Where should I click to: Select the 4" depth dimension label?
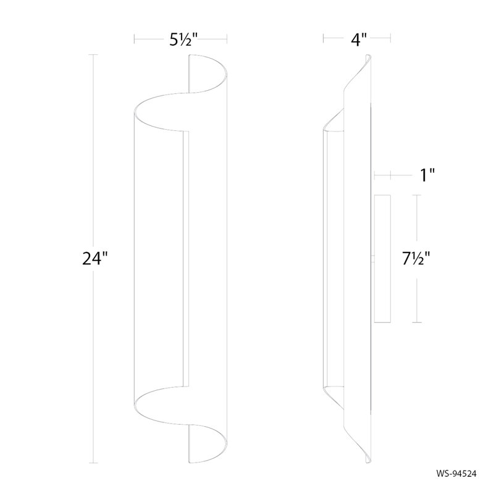[359, 40]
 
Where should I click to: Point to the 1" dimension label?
[428, 176]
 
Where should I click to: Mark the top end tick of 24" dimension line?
[94, 55]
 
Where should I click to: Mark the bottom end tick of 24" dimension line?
[94, 463]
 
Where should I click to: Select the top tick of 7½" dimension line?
[419, 196]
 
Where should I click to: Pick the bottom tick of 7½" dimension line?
[419, 322]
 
